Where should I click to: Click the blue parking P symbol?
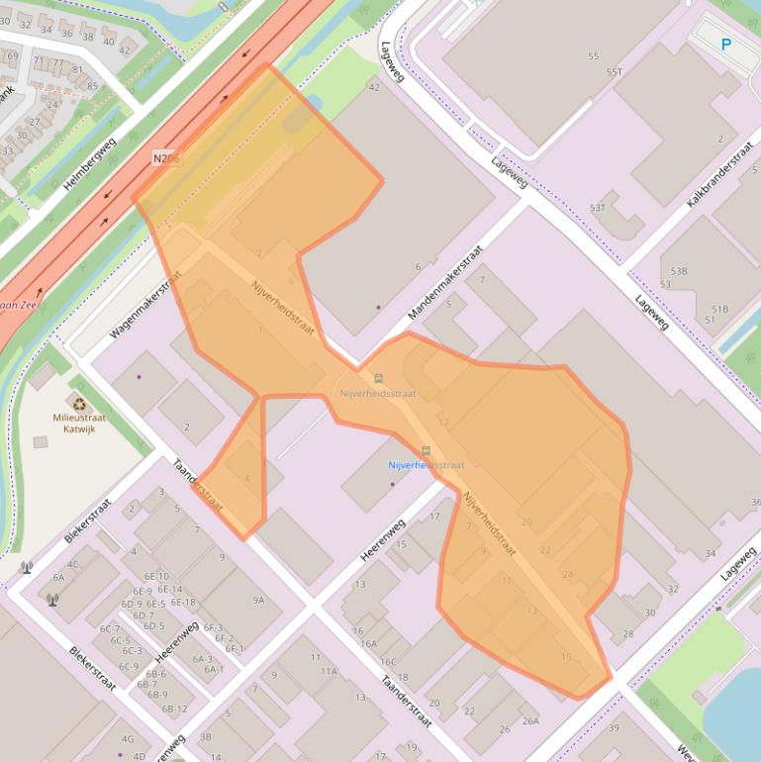click(x=725, y=45)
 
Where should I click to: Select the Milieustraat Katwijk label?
click(x=80, y=423)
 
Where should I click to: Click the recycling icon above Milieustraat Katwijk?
click(x=79, y=404)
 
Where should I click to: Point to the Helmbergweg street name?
click(x=90, y=164)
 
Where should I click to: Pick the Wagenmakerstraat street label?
click(x=145, y=304)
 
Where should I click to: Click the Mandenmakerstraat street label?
click(x=445, y=283)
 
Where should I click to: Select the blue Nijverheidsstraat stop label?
click(x=426, y=465)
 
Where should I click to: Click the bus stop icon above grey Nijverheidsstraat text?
click(x=377, y=378)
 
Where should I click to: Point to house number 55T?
click(x=615, y=71)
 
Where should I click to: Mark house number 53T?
click(x=598, y=208)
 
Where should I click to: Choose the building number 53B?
click(x=679, y=270)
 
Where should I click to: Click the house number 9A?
click(x=258, y=600)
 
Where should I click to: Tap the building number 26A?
click(x=530, y=721)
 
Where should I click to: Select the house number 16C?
click(x=388, y=662)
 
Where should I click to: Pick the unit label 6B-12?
click(x=174, y=709)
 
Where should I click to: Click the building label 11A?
click(x=329, y=671)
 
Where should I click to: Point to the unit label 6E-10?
click(x=156, y=576)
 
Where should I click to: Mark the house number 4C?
click(x=73, y=565)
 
